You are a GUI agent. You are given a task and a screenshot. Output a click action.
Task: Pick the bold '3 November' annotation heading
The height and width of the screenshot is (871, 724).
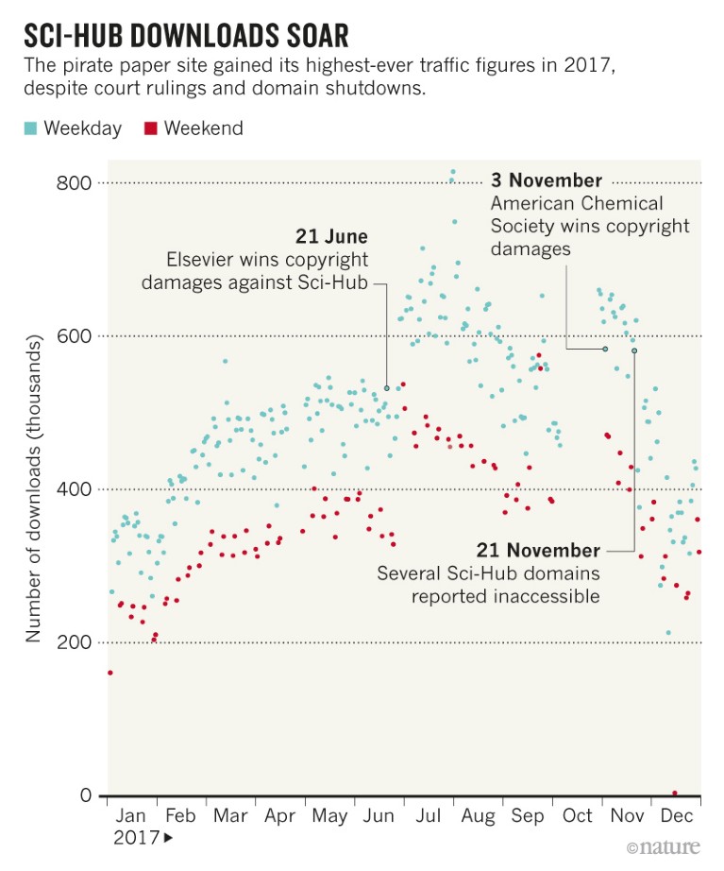point(546,180)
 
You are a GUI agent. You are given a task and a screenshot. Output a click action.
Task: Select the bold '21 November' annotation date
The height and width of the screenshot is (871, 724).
point(538,550)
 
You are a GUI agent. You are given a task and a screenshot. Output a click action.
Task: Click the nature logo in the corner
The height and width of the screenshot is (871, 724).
point(665,848)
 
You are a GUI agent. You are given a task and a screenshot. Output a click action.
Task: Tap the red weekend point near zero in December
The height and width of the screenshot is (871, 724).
point(675,794)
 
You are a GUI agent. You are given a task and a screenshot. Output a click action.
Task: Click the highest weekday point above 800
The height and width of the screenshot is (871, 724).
point(453,172)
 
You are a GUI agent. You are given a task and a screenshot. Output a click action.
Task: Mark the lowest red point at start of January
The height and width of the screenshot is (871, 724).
point(109,673)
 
